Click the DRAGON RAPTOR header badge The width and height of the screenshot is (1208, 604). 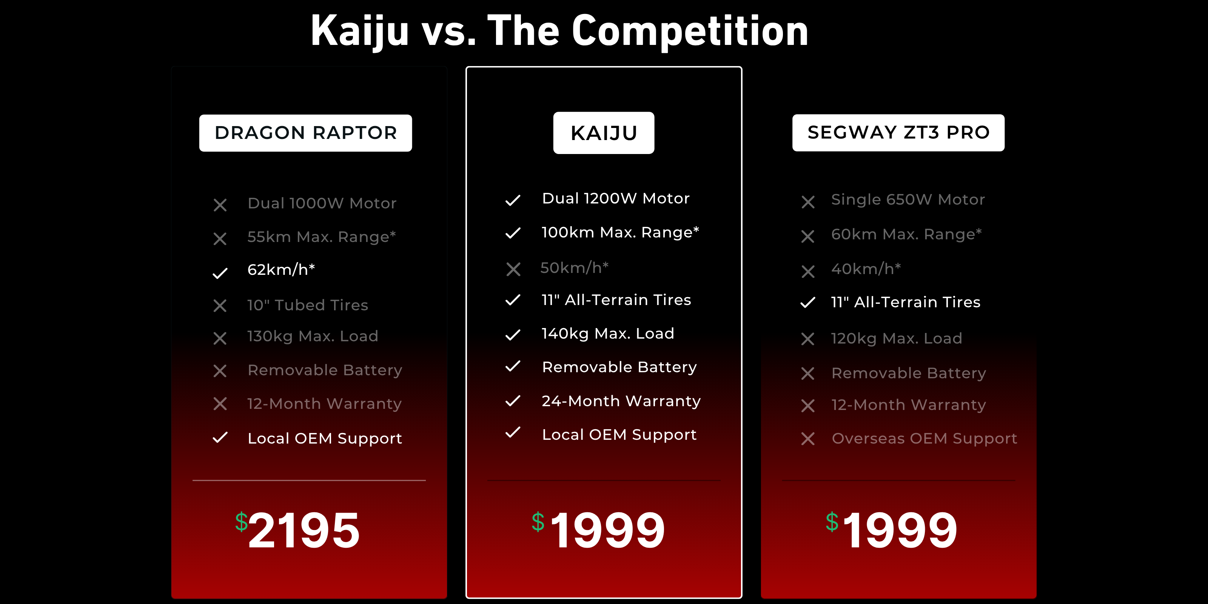tap(305, 133)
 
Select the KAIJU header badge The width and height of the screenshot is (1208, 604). tap(604, 133)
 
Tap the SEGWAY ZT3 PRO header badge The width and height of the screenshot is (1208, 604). tap(898, 133)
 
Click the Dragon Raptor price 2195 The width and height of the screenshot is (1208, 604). tap(304, 530)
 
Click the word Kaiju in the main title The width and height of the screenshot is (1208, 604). tap(360, 31)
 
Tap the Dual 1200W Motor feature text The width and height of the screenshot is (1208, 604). tap(616, 198)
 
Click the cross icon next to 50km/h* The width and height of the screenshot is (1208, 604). tap(513, 269)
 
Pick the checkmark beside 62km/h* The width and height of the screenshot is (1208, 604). tap(220, 273)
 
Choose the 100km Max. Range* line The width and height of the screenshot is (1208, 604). tap(620, 232)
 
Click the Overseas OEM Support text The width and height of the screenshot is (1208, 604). tap(924, 438)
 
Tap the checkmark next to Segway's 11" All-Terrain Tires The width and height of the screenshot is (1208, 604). tap(807, 302)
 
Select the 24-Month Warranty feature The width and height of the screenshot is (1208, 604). tap(621, 401)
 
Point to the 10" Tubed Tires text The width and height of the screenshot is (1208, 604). tap(308, 305)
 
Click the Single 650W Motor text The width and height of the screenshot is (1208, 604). tap(908, 200)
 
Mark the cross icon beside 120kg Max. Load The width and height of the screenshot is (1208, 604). tap(807, 339)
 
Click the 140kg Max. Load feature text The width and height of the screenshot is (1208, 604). tap(608, 333)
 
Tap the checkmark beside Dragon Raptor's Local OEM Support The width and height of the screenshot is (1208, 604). tap(220, 438)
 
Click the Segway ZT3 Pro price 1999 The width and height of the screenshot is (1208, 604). tap(900, 530)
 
